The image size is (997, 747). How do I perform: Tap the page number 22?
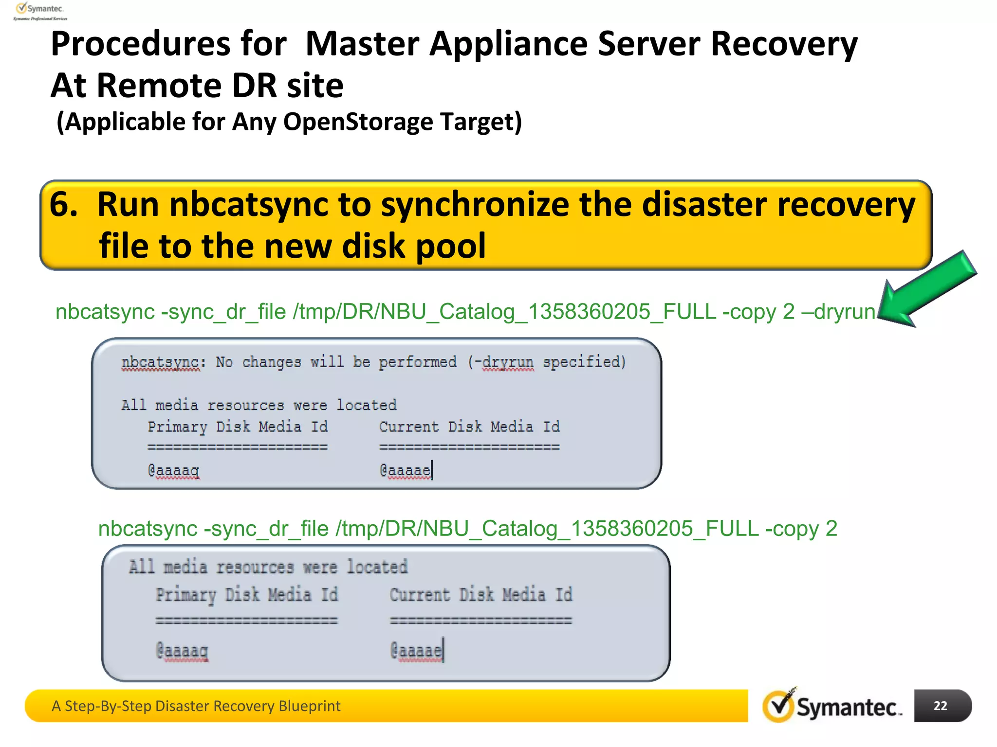[x=941, y=706]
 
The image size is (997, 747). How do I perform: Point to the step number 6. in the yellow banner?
[x=64, y=204]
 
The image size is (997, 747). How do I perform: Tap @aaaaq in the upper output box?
[x=174, y=470]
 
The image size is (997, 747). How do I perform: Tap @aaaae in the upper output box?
[x=405, y=470]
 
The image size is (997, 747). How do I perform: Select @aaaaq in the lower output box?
[x=182, y=650]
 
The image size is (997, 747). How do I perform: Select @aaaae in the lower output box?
[x=416, y=650]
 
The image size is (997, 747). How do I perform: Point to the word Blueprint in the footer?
[x=310, y=706]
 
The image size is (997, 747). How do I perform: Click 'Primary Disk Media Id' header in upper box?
[x=238, y=427]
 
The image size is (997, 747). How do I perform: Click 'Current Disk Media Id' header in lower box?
[x=481, y=595]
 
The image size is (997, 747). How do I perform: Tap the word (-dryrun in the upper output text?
[x=501, y=362]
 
